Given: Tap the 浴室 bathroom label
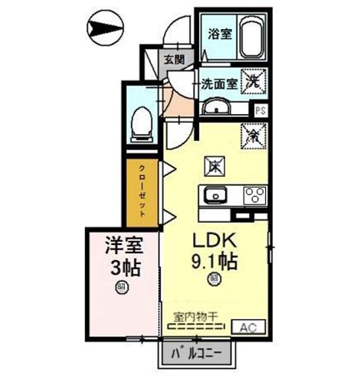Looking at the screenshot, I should [218, 33].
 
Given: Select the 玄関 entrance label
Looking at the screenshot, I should [172, 59].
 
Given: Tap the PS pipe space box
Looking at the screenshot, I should [261, 109].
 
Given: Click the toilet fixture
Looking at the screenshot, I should [141, 122].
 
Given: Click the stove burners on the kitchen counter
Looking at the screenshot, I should [253, 194].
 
